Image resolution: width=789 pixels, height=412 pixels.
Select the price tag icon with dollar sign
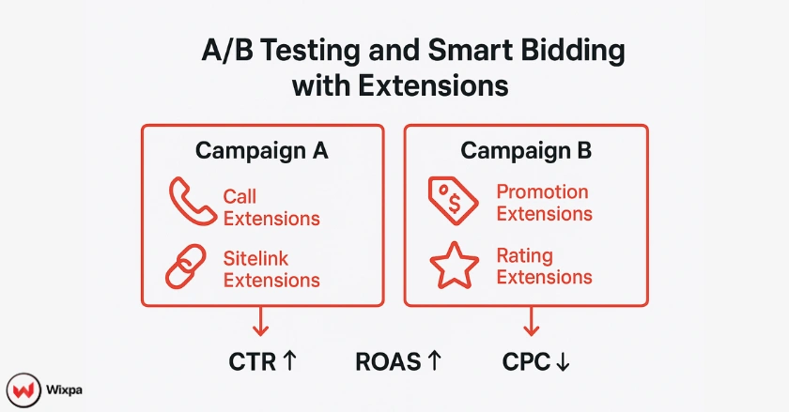[453, 200]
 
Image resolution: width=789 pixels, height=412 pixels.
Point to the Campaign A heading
[261, 151]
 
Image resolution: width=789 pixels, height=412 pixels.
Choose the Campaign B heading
[525, 151]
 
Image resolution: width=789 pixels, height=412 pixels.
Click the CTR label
[253, 361]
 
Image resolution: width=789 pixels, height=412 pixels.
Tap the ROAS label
[387, 361]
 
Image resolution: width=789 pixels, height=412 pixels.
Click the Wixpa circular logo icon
[23, 388]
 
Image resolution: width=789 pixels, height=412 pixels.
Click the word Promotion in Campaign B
[542, 192]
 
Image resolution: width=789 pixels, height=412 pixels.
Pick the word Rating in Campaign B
[524, 255]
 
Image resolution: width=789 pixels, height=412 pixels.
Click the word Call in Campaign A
[240, 197]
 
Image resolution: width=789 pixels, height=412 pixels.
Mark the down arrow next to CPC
[562, 361]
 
